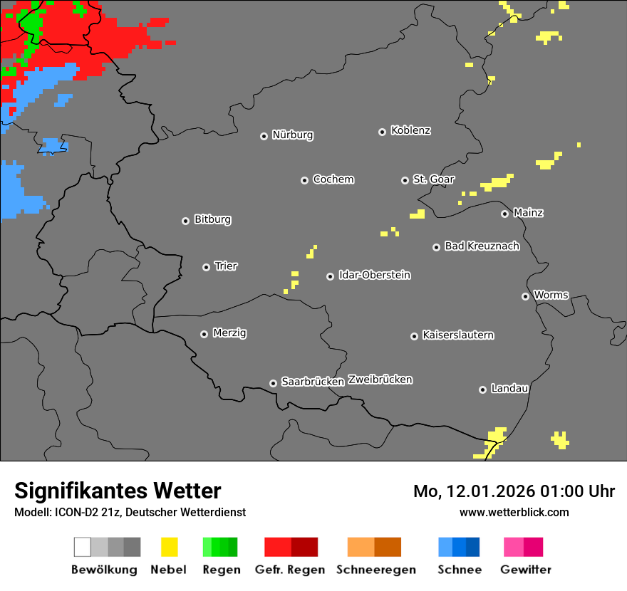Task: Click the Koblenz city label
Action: coord(410,131)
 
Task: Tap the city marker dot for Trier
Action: coord(207,267)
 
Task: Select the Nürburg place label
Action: coord(292,135)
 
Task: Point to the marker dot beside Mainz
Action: coord(505,214)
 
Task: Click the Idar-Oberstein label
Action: coord(374,276)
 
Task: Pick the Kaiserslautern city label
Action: coord(457,335)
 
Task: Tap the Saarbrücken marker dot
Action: coord(273,383)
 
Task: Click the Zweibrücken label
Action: coord(380,380)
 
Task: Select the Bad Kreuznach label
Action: coord(482,246)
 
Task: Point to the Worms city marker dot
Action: coord(525,296)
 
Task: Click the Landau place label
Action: coord(509,389)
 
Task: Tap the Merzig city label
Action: coord(229,333)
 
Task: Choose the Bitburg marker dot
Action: coord(185,221)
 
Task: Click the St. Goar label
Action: coord(433,179)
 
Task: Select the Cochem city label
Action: coord(333,179)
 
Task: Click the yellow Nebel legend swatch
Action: coord(169,547)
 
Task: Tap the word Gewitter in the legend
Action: coord(526,570)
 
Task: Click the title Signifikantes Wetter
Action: coord(118,491)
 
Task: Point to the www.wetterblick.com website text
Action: coord(514,512)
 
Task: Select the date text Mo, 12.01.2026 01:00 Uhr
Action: coord(514,491)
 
